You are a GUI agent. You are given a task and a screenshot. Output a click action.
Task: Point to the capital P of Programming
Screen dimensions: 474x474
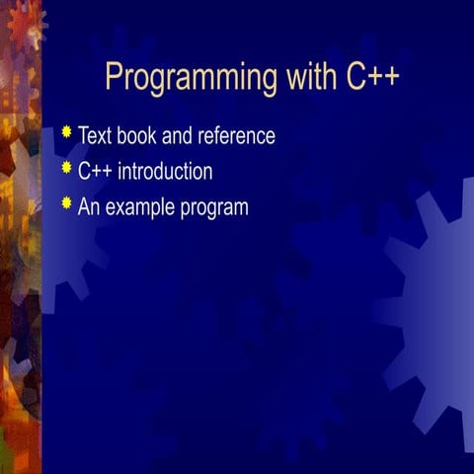click(x=114, y=76)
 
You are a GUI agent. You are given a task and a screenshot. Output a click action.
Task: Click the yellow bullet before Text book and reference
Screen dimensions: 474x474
click(x=66, y=131)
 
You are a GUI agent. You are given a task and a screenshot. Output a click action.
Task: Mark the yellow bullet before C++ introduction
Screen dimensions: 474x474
click(x=66, y=167)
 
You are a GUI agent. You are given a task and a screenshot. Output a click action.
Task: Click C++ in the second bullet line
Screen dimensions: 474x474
click(x=95, y=172)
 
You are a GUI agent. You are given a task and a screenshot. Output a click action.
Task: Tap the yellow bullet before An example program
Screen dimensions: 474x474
click(x=66, y=202)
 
